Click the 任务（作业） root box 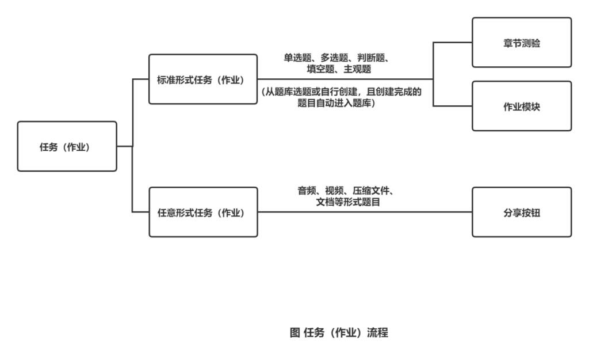(x=67, y=146)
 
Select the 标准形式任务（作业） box (x=203, y=79)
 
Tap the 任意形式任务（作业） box (x=203, y=213)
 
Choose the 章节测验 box (x=522, y=43)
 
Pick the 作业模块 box (x=522, y=107)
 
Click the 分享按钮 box (x=522, y=213)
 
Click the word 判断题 (x=377, y=59)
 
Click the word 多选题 (x=337, y=59)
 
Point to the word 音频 (x=305, y=192)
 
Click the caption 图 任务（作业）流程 (x=339, y=332)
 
